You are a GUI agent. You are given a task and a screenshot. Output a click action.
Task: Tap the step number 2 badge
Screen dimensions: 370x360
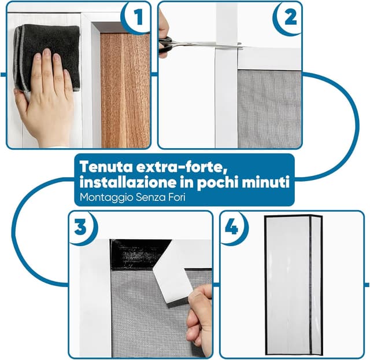[287, 18]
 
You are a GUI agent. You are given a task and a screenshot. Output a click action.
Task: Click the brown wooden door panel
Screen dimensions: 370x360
[125, 90]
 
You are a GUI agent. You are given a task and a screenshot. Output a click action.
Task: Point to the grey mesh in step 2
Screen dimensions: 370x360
[269, 109]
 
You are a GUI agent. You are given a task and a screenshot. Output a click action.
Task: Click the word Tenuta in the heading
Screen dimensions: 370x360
[106, 167]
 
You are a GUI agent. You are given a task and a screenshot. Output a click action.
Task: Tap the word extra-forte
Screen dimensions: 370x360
[180, 167]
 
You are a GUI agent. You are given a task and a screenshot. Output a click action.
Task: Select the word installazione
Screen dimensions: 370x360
[128, 182]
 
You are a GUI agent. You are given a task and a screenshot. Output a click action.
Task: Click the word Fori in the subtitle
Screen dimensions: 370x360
[177, 197]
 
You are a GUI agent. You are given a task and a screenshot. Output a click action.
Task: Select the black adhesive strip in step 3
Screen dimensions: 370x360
[140, 254]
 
